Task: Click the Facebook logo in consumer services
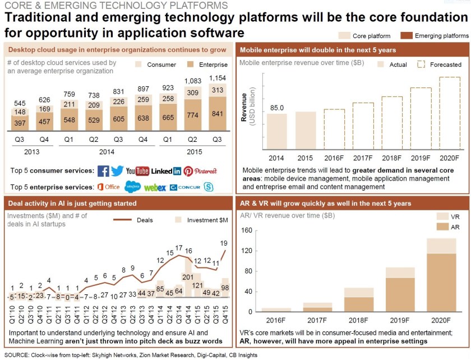(x=103, y=171)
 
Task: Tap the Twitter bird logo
(x=117, y=171)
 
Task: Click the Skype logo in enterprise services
(x=209, y=187)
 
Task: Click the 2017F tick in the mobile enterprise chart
(x=363, y=159)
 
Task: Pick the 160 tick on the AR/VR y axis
(x=247, y=230)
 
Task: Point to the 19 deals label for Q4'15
(x=224, y=243)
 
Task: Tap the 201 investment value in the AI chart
(x=188, y=277)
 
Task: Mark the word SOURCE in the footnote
(x=17, y=355)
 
